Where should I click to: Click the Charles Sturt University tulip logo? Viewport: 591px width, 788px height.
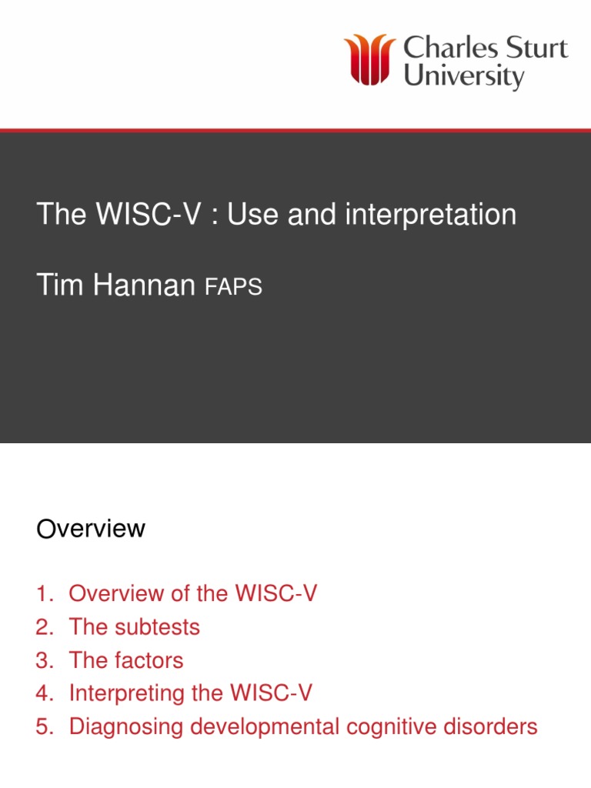[x=370, y=59]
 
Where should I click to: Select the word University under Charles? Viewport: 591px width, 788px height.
[x=463, y=78]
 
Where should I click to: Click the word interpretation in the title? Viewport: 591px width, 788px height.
[x=431, y=215]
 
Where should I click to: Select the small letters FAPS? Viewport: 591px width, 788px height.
[x=233, y=288]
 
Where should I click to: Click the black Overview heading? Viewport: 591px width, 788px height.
[x=91, y=529]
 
